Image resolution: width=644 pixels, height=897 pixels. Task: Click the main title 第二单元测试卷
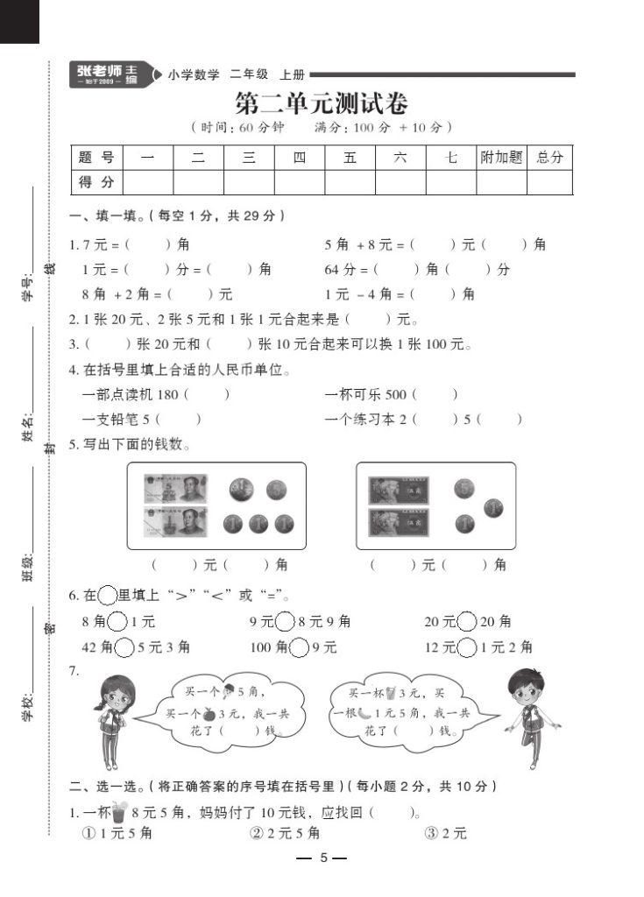click(322, 104)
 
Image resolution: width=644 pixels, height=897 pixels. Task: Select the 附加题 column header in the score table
click(501, 158)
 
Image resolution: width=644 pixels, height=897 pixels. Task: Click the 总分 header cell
click(549, 158)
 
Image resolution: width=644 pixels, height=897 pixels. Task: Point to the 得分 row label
click(96, 182)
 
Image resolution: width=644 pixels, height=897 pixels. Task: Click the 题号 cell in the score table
click(96, 158)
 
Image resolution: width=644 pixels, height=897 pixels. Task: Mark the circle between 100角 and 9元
click(300, 648)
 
